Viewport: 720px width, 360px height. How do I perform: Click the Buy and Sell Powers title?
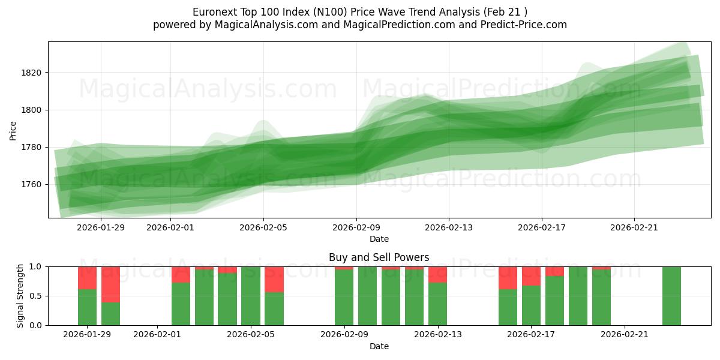point(379,257)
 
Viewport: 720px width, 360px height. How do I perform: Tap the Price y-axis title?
point(13,130)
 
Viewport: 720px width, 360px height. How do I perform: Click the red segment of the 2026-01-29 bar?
point(87,278)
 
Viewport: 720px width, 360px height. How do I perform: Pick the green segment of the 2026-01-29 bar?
point(87,307)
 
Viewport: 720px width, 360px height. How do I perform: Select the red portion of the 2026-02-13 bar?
point(437,274)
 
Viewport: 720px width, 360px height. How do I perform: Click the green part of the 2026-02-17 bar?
point(531,305)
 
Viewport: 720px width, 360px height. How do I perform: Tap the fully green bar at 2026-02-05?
point(251,296)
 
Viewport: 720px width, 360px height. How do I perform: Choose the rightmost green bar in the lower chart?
point(671,296)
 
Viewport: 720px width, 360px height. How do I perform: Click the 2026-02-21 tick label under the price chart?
point(634,227)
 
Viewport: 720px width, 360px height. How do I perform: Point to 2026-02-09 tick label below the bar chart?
point(344,335)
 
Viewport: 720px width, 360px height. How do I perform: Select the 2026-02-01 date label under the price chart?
point(170,227)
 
